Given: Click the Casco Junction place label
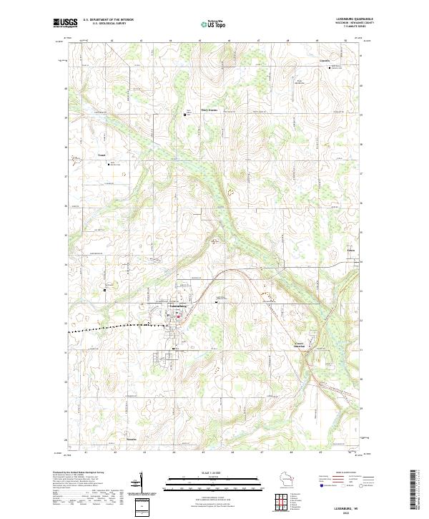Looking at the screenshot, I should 304,345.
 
